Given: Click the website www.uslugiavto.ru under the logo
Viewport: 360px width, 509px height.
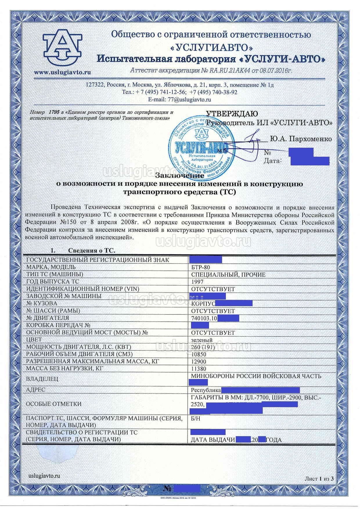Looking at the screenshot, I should click(62, 73).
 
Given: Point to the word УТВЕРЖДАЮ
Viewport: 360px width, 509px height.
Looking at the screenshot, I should click(232, 113).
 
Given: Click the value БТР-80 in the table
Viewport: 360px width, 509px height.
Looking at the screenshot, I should click(200, 267).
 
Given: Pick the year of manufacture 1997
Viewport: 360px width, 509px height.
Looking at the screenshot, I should click(197, 282).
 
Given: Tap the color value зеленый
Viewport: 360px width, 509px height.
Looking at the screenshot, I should click(202, 340).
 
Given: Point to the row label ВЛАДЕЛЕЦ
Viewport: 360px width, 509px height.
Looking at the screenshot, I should click(42, 379).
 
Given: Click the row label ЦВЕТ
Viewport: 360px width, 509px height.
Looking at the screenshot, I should click(34, 340).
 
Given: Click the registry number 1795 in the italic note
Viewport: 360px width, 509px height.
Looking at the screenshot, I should click(54, 112).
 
